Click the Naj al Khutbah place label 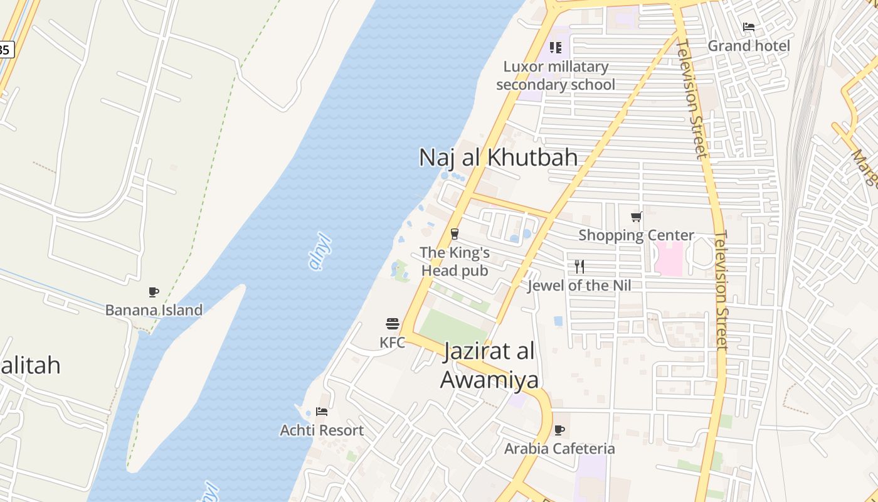point(498,157)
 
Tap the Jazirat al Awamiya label point(489,366)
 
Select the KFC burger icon point(393,324)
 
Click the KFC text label point(393,343)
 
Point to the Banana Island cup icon point(154,292)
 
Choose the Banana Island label point(154,310)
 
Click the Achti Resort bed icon point(322,412)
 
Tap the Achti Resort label point(322,430)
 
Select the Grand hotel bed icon point(749,27)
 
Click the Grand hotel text point(749,46)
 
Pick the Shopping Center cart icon point(637,217)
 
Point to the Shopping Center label point(637,236)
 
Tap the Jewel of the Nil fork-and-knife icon point(579,267)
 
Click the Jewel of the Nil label point(579,286)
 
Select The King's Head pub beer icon point(455,234)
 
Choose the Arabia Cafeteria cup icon point(559,430)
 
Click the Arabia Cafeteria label point(559,449)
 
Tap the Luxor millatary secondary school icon point(555,48)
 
